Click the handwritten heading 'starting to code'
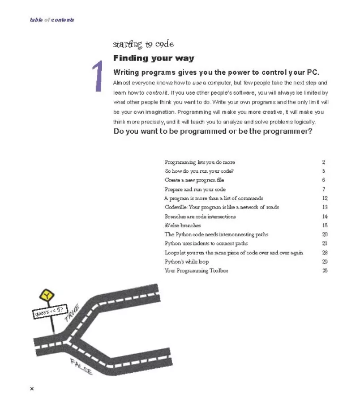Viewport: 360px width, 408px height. point(143,44)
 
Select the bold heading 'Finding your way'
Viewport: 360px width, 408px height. point(153,58)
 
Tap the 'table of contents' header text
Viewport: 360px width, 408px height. point(52,20)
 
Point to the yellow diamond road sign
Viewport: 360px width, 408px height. point(45,295)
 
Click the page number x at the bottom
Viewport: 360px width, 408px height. point(32,389)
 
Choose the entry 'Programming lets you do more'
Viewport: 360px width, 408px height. point(200,162)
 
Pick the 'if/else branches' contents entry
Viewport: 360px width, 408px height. point(183,226)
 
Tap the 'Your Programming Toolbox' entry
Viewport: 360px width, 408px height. point(196,271)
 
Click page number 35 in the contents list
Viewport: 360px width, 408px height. point(325,271)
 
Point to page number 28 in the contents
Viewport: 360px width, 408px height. point(325,253)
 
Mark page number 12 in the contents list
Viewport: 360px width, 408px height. point(325,198)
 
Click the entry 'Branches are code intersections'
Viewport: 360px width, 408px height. point(200,216)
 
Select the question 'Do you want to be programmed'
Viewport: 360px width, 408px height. point(213,131)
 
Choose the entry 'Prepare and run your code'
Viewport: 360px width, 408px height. point(195,189)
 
